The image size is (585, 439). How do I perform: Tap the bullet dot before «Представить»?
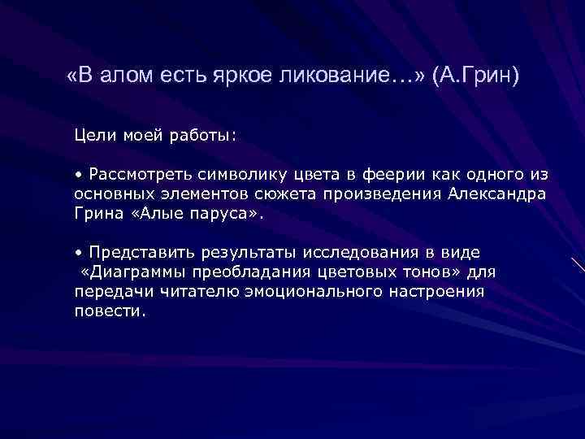pyautogui.click(x=78, y=250)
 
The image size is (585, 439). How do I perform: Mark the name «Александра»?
pyautogui.click(x=497, y=193)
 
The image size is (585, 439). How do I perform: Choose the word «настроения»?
pyautogui.click(x=439, y=291)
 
